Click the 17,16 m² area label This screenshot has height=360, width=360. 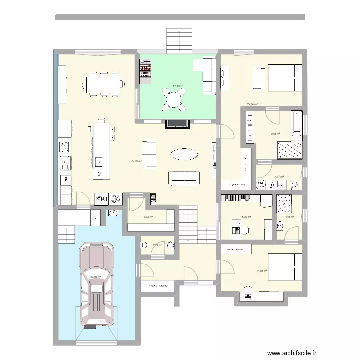(x=179, y=87)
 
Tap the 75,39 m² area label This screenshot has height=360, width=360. (x=136, y=161)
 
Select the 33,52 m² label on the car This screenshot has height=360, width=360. (x=96, y=276)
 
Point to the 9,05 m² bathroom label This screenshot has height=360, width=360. (x=275, y=134)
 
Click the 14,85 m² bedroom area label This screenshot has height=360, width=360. (x=262, y=271)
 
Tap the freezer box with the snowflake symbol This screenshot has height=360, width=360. (x=116, y=199)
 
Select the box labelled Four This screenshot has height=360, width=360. (x=65, y=181)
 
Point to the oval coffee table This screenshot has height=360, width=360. (x=184, y=154)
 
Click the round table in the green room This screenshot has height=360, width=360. (x=173, y=99)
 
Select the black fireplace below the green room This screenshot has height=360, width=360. (x=177, y=123)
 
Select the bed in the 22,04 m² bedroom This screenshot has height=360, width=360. (x=283, y=78)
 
